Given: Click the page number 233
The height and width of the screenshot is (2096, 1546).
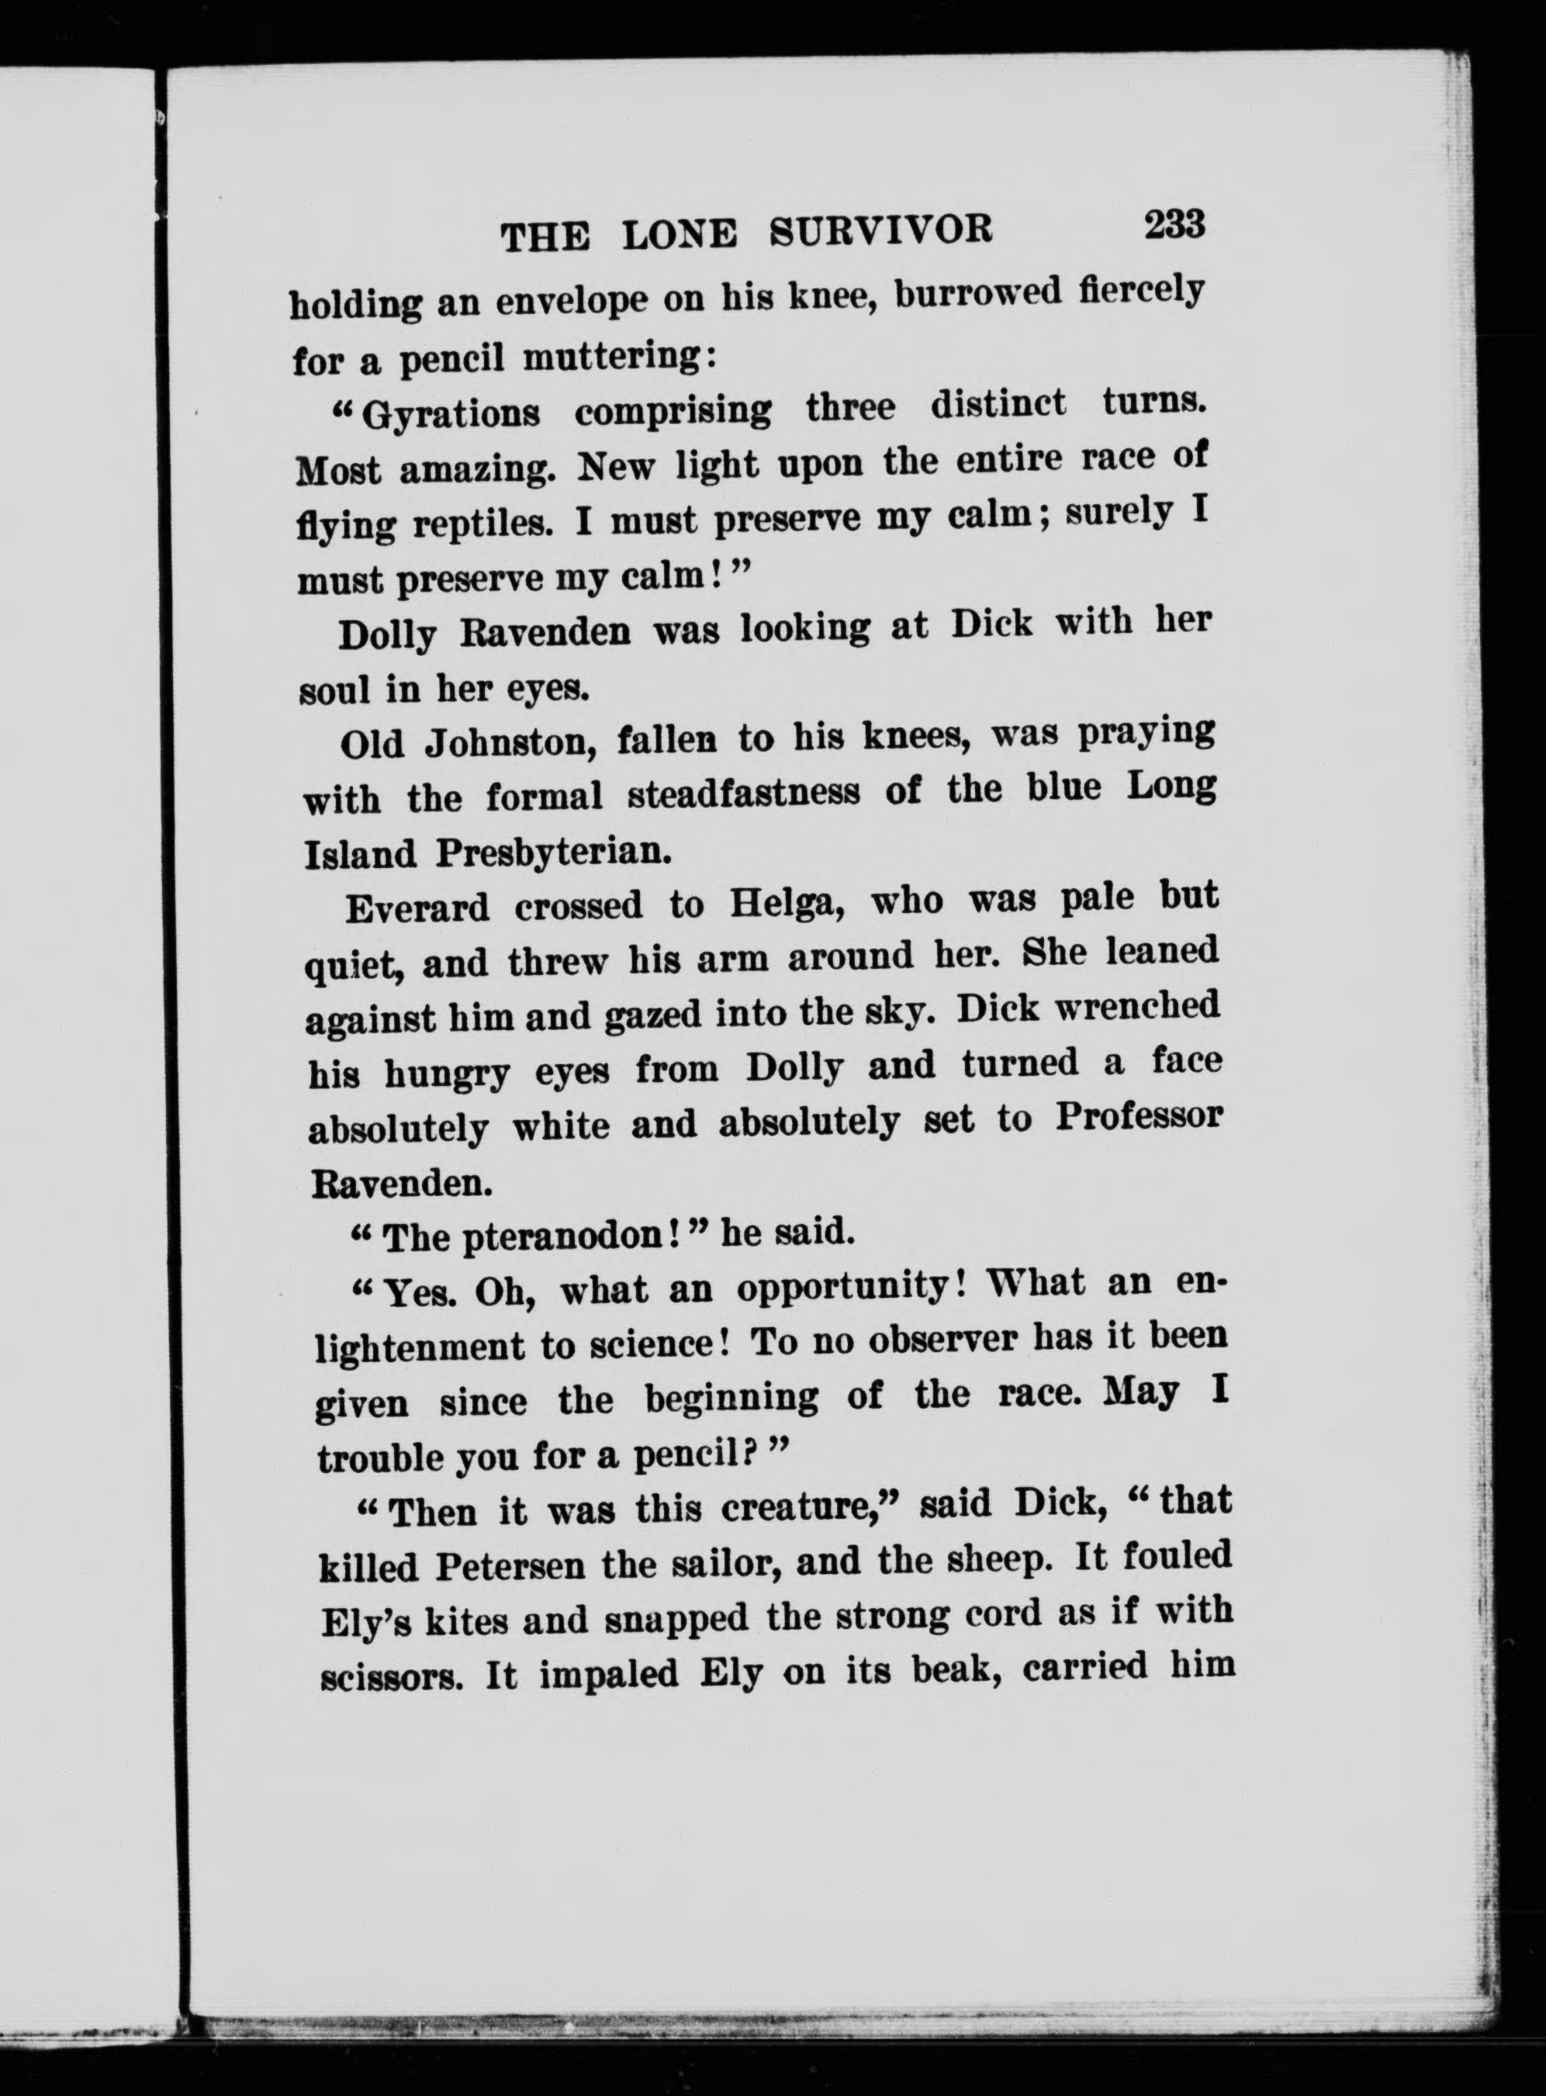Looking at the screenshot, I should tap(1173, 226).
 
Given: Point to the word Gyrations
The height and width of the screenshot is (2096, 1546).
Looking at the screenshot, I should tap(450, 413).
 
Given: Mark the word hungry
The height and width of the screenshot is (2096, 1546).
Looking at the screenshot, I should tap(448, 1074).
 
